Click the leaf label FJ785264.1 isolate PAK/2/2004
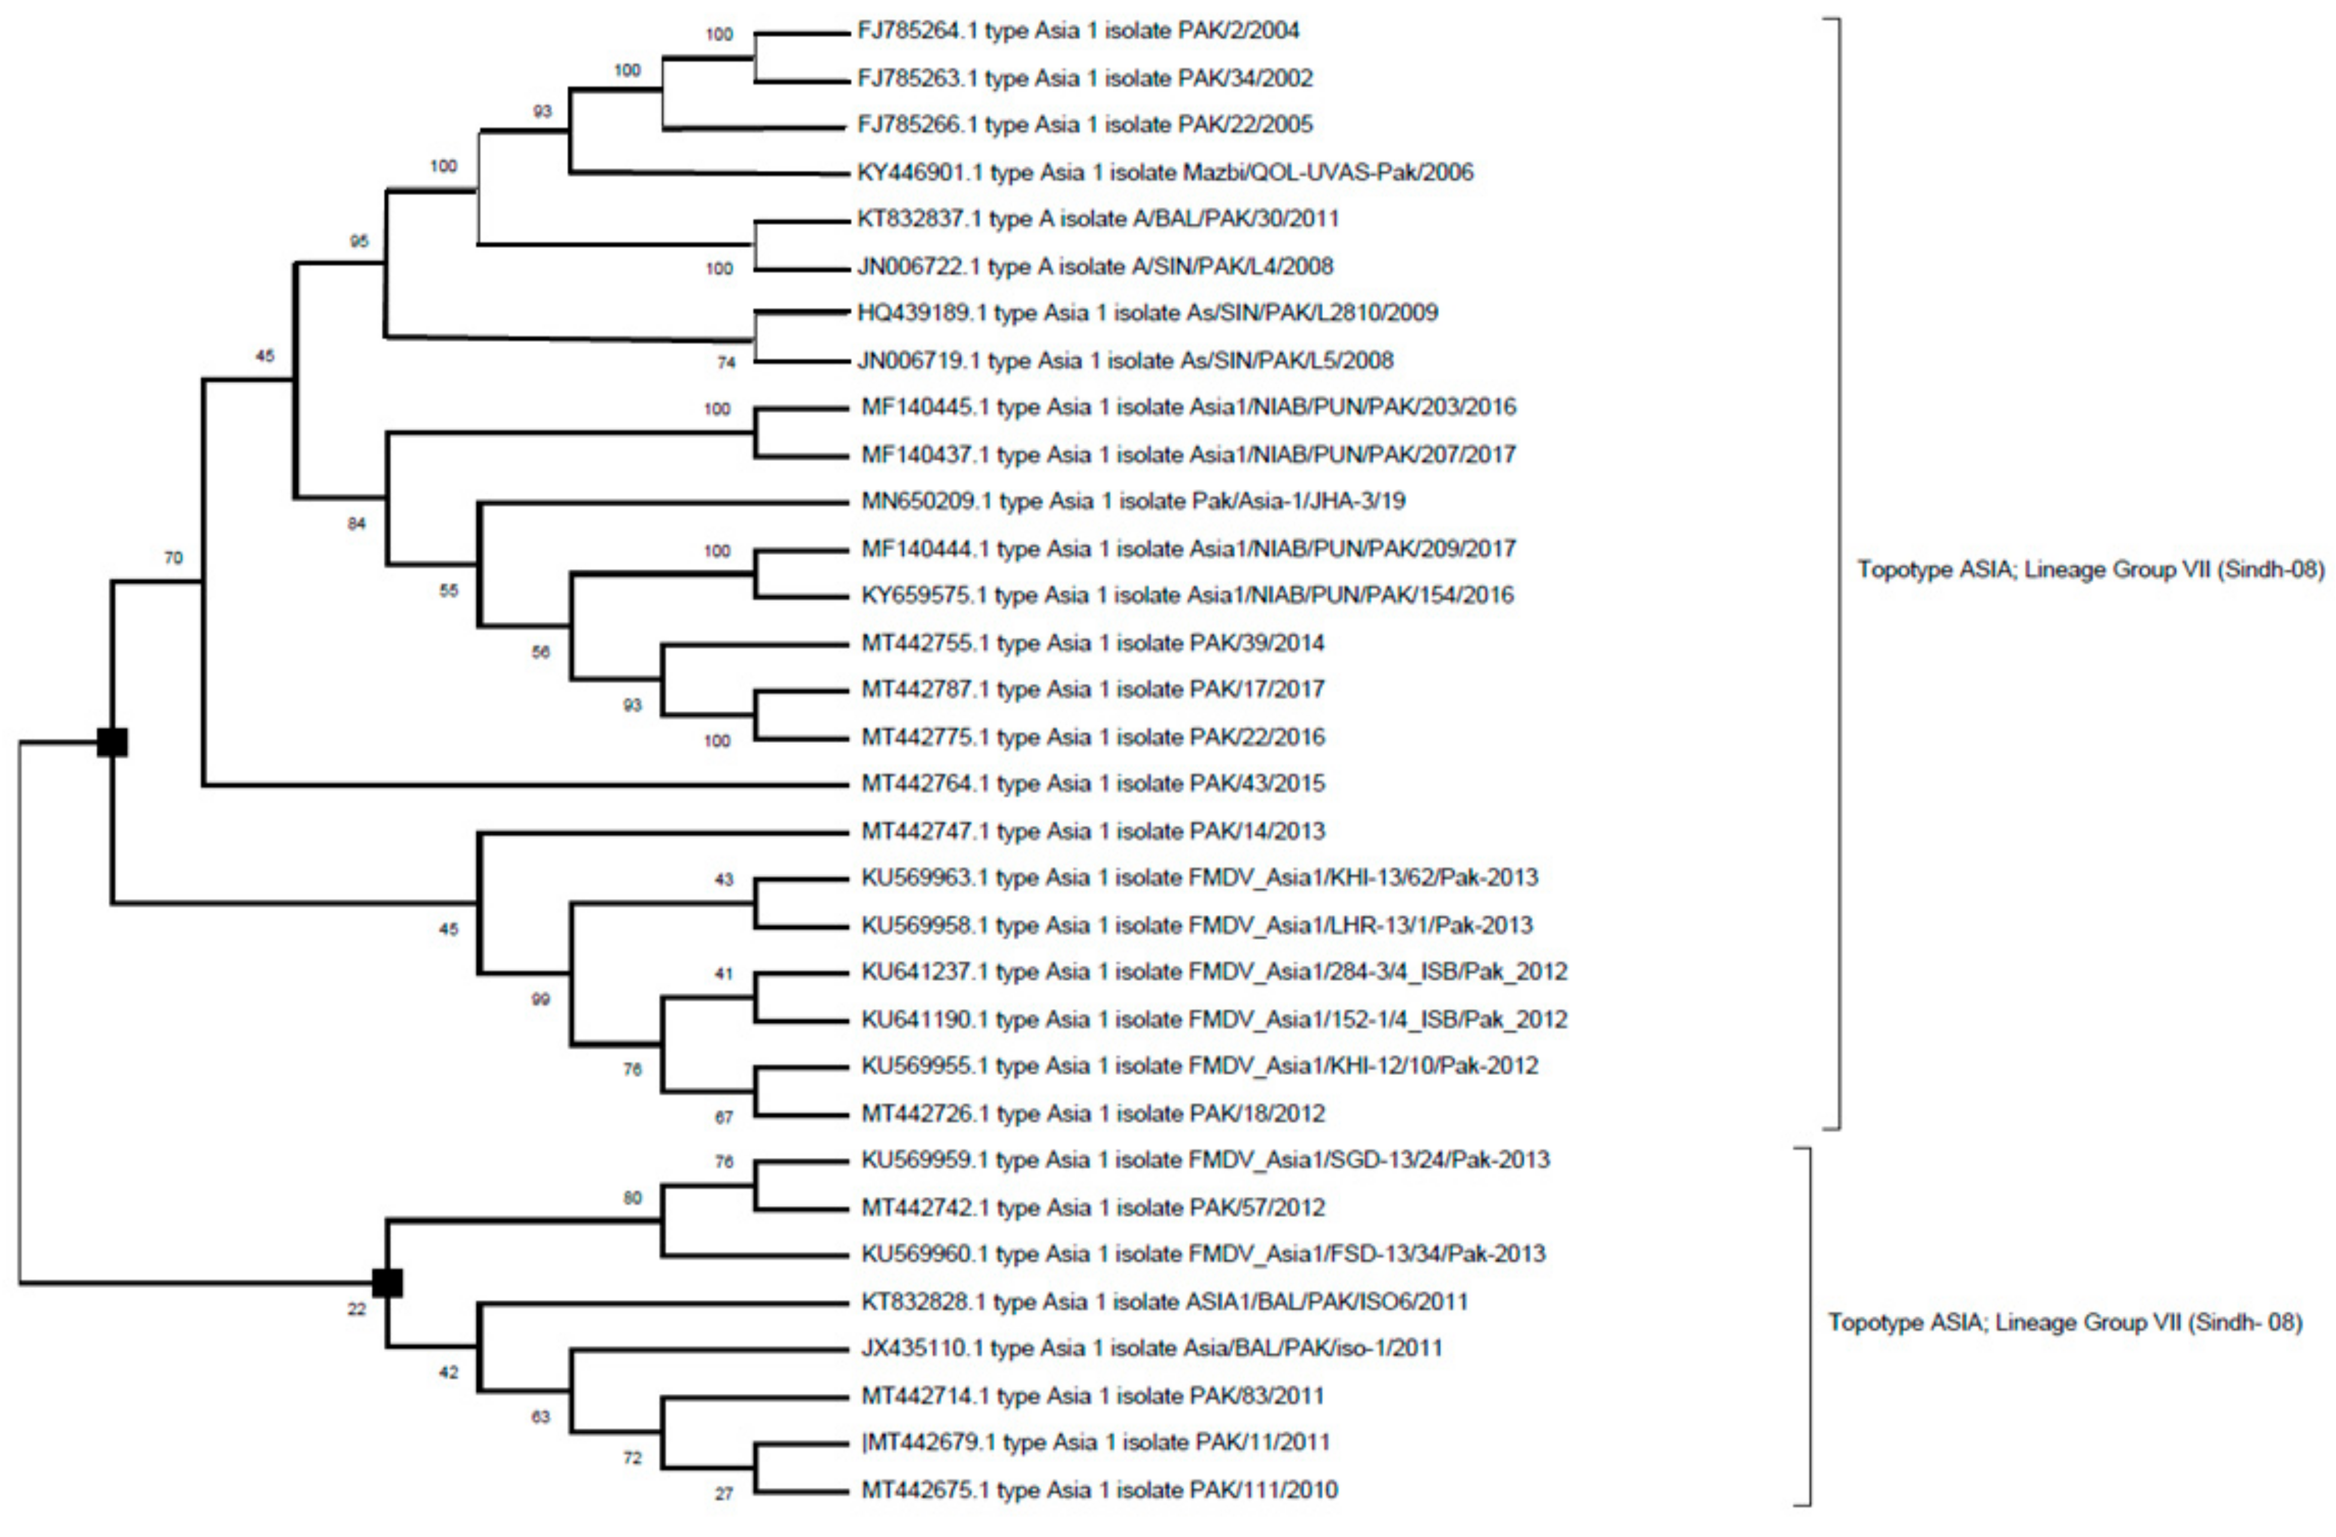click(x=1078, y=31)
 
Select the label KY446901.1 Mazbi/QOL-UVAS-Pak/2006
click(x=1165, y=173)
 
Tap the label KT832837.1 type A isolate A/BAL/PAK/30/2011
click(x=1097, y=219)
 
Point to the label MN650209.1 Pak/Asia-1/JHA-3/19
click(x=1133, y=502)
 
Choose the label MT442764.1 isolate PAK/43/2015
click(x=1093, y=783)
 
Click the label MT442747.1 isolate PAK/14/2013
click(x=1093, y=831)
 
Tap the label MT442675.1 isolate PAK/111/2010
click(x=1099, y=1490)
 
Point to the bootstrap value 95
click(x=359, y=241)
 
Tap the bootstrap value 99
click(x=540, y=999)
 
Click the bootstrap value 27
click(x=723, y=1494)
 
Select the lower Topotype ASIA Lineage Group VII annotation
click(x=2064, y=1322)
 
